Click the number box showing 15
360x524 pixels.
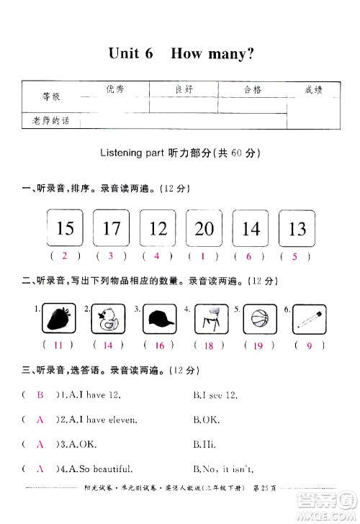(65, 229)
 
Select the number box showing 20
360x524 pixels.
(204, 229)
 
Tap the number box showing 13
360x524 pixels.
(297, 229)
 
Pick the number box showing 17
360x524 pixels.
(112, 229)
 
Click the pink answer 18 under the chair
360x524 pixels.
(209, 345)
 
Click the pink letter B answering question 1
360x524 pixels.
(40, 395)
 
